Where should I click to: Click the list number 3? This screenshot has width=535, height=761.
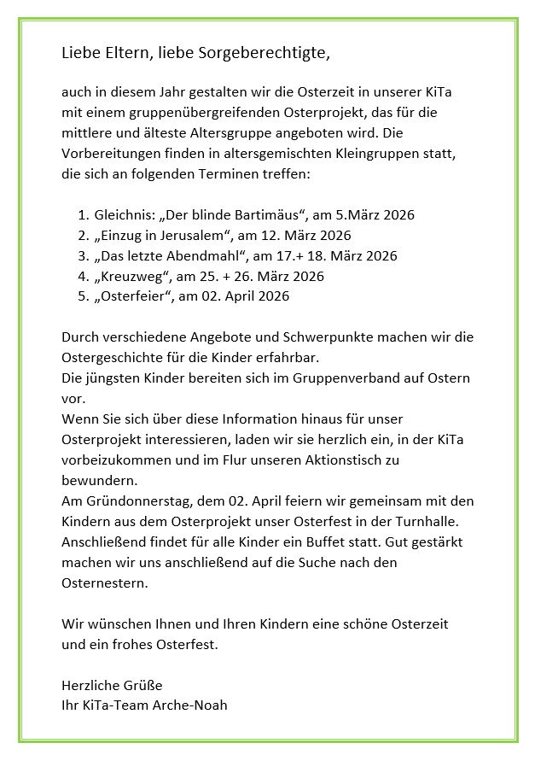tap(82, 256)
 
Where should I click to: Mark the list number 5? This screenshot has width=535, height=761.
tap(82, 296)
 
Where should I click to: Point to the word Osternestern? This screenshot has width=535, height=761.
tap(105, 583)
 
